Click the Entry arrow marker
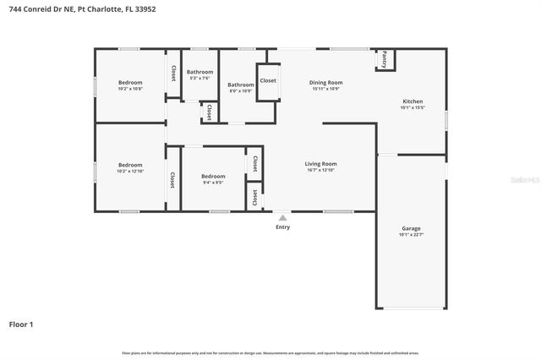(282, 217)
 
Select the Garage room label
(411, 228)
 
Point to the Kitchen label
(412, 101)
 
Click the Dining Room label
(326, 82)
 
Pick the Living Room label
(320, 163)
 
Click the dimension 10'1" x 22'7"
(411, 235)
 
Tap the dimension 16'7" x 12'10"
(320, 170)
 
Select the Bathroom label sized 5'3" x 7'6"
(200, 72)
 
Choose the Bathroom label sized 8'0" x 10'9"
(241, 85)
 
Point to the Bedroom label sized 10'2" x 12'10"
(130, 164)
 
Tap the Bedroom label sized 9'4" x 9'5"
(213, 176)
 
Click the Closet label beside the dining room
(268, 80)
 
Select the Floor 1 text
(21, 324)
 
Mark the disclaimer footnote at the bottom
(270, 352)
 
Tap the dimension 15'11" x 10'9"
(326, 89)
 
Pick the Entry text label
(282, 227)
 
